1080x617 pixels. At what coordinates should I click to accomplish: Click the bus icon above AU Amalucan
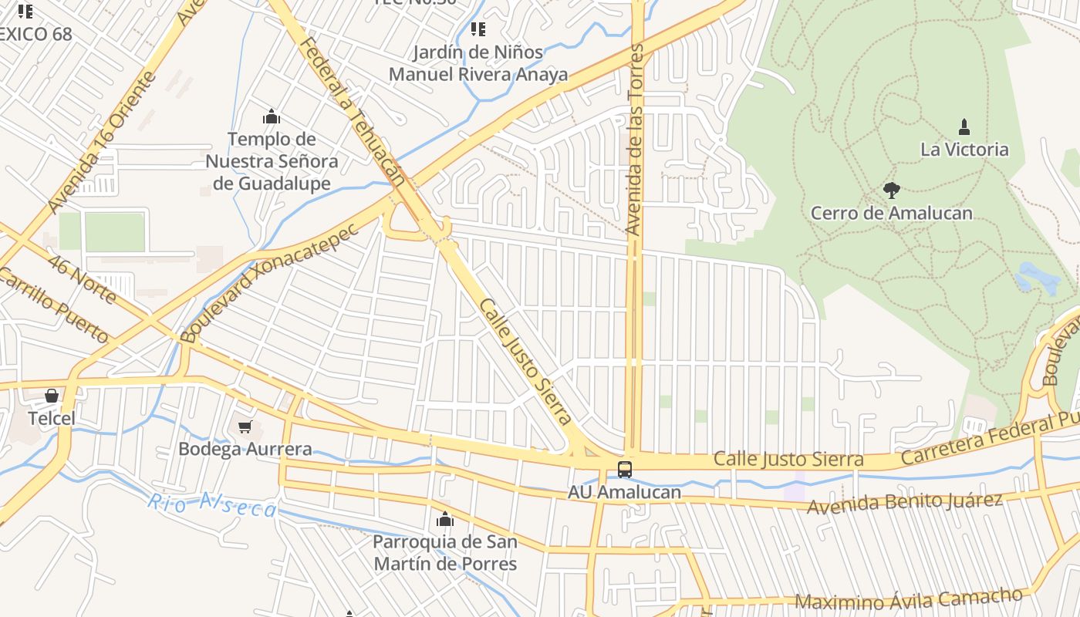[625, 469]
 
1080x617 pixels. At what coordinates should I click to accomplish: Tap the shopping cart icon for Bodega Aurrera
[245, 427]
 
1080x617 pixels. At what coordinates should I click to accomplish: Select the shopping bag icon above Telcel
[52, 396]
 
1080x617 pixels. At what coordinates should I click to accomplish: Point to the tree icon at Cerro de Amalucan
[892, 190]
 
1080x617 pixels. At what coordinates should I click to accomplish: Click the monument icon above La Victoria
[964, 126]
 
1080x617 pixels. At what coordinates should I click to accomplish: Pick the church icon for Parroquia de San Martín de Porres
[445, 519]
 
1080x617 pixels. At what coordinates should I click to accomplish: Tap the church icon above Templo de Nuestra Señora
[272, 116]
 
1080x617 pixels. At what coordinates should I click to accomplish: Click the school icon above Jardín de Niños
[478, 29]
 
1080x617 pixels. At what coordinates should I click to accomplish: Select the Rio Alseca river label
[211, 506]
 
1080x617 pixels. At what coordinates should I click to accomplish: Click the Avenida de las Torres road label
[636, 139]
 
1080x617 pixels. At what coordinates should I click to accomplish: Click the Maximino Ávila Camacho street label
[908, 598]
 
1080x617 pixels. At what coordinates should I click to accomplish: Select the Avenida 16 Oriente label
[101, 143]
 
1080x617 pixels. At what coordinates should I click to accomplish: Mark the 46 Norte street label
[81, 277]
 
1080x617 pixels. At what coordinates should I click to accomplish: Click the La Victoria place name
[964, 149]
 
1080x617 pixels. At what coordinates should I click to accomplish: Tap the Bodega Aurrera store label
[245, 449]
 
